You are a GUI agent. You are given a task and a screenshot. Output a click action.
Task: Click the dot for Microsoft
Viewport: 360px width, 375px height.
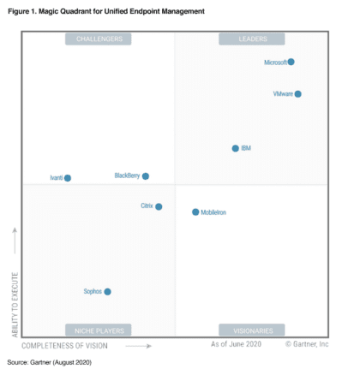coord(291,62)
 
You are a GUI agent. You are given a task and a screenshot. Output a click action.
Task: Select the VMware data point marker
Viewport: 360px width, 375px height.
coord(297,94)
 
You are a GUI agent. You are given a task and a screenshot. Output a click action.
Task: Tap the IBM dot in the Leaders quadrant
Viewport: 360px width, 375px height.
coord(236,148)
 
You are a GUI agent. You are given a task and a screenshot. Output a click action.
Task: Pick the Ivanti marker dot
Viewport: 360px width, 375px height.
coord(68,178)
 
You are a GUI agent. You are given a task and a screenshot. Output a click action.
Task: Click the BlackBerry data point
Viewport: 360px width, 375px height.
coord(146,176)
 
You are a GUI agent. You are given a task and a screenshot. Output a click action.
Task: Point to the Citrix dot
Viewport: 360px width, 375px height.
coord(159,206)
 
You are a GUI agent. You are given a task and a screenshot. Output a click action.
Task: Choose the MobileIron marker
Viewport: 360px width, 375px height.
coord(195,211)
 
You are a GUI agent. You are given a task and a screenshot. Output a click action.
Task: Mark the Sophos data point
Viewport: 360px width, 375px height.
coord(107,292)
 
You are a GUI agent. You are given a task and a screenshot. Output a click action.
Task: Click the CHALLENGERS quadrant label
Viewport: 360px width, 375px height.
coord(99,39)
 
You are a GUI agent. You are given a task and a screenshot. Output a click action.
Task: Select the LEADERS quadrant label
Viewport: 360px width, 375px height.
coord(251,39)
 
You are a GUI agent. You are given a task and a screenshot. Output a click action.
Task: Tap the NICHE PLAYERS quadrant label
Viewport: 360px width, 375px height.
coord(99,330)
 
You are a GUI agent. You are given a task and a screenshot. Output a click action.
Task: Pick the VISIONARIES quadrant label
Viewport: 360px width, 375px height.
coord(251,330)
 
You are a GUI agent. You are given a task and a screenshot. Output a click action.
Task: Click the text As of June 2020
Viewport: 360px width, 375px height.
coord(237,344)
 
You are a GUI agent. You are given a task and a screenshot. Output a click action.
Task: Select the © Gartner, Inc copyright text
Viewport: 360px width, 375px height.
coord(307,344)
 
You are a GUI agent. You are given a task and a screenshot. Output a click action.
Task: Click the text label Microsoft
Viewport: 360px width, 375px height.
coord(275,62)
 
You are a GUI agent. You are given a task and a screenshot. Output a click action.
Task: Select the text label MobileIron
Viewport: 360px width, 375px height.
coord(214,212)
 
